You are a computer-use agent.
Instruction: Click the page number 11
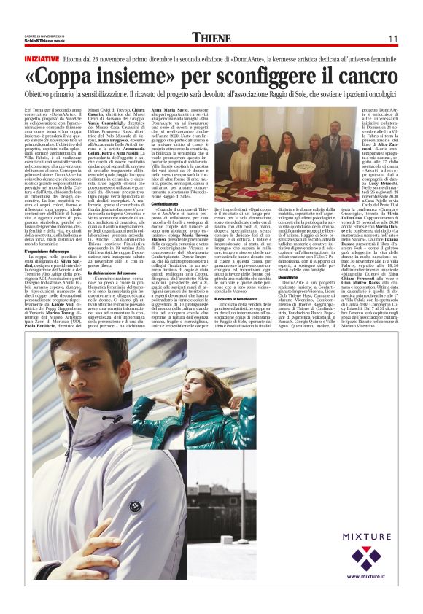[x=392, y=39]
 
